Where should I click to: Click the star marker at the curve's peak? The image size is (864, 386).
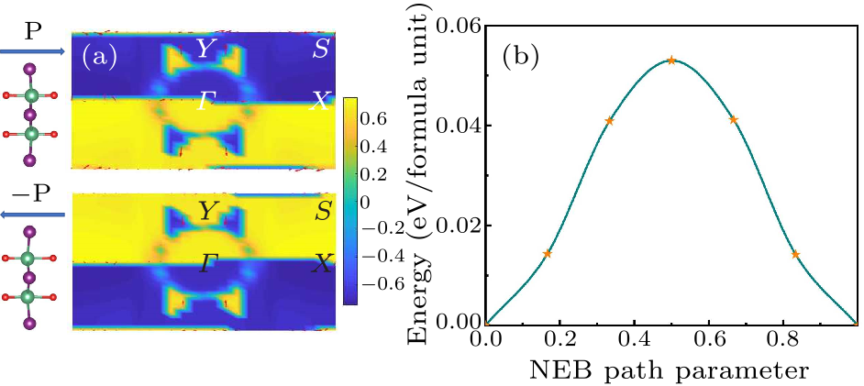coord(671,61)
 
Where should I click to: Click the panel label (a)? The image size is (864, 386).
coord(98,57)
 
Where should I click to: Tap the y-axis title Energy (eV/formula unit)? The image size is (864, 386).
coord(424,171)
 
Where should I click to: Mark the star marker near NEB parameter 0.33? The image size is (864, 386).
coord(609,121)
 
